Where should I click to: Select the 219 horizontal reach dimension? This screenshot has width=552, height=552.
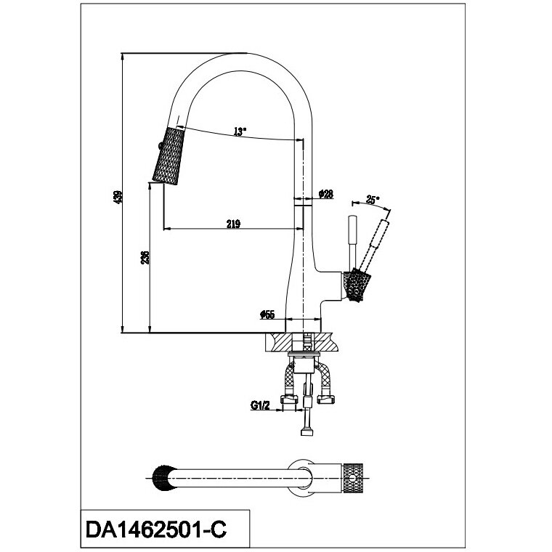tap(232, 224)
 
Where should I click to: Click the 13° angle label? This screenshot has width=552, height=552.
tap(240, 132)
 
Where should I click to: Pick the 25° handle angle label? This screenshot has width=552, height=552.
tap(373, 200)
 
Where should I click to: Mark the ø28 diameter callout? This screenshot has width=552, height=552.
tap(326, 194)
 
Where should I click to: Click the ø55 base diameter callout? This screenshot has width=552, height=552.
tap(267, 315)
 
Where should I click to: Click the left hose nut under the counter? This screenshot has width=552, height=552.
tap(291, 399)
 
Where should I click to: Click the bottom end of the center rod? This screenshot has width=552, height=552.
tap(307, 433)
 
